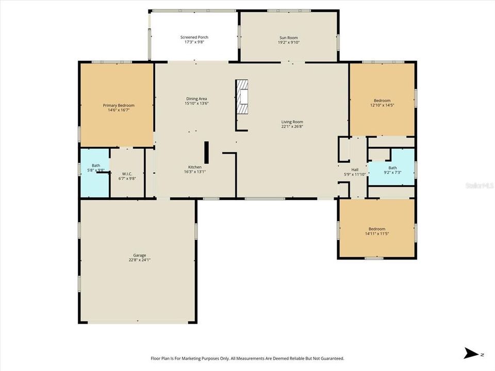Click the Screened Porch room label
pyautogui.click(x=194, y=37)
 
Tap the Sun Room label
pyautogui.click(x=289, y=38)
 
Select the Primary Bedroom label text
pyautogui.click(x=119, y=105)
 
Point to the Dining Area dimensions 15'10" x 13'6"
pyautogui.click(x=196, y=104)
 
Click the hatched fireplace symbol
pyautogui.click(x=242, y=96)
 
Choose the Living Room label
pyautogui.click(x=292, y=122)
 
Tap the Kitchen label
pyautogui.click(x=195, y=167)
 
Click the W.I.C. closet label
pyautogui.click(x=127, y=174)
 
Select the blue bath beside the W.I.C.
pyautogui.click(x=94, y=173)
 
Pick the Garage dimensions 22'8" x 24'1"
pyautogui.click(x=140, y=260)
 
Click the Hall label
pyautogui.click(x=355, y=170)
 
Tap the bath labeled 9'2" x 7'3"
pyautogui.click(x=391, y=166)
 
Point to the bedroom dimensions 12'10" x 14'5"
pyautogui.click(x=382, y=105)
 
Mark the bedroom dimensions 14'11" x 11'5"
pyautogui.click(x=377, y=234)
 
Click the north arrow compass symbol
pyautogui.click(x=472, y=353)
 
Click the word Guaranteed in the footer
pyautogui.click(x=334, y=359)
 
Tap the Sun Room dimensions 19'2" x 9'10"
pyautogui.click(x=289, y=42)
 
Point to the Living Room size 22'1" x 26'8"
pyautogui.click(x=292, y=127)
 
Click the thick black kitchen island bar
pyautogui.click(x=206, y=153)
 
